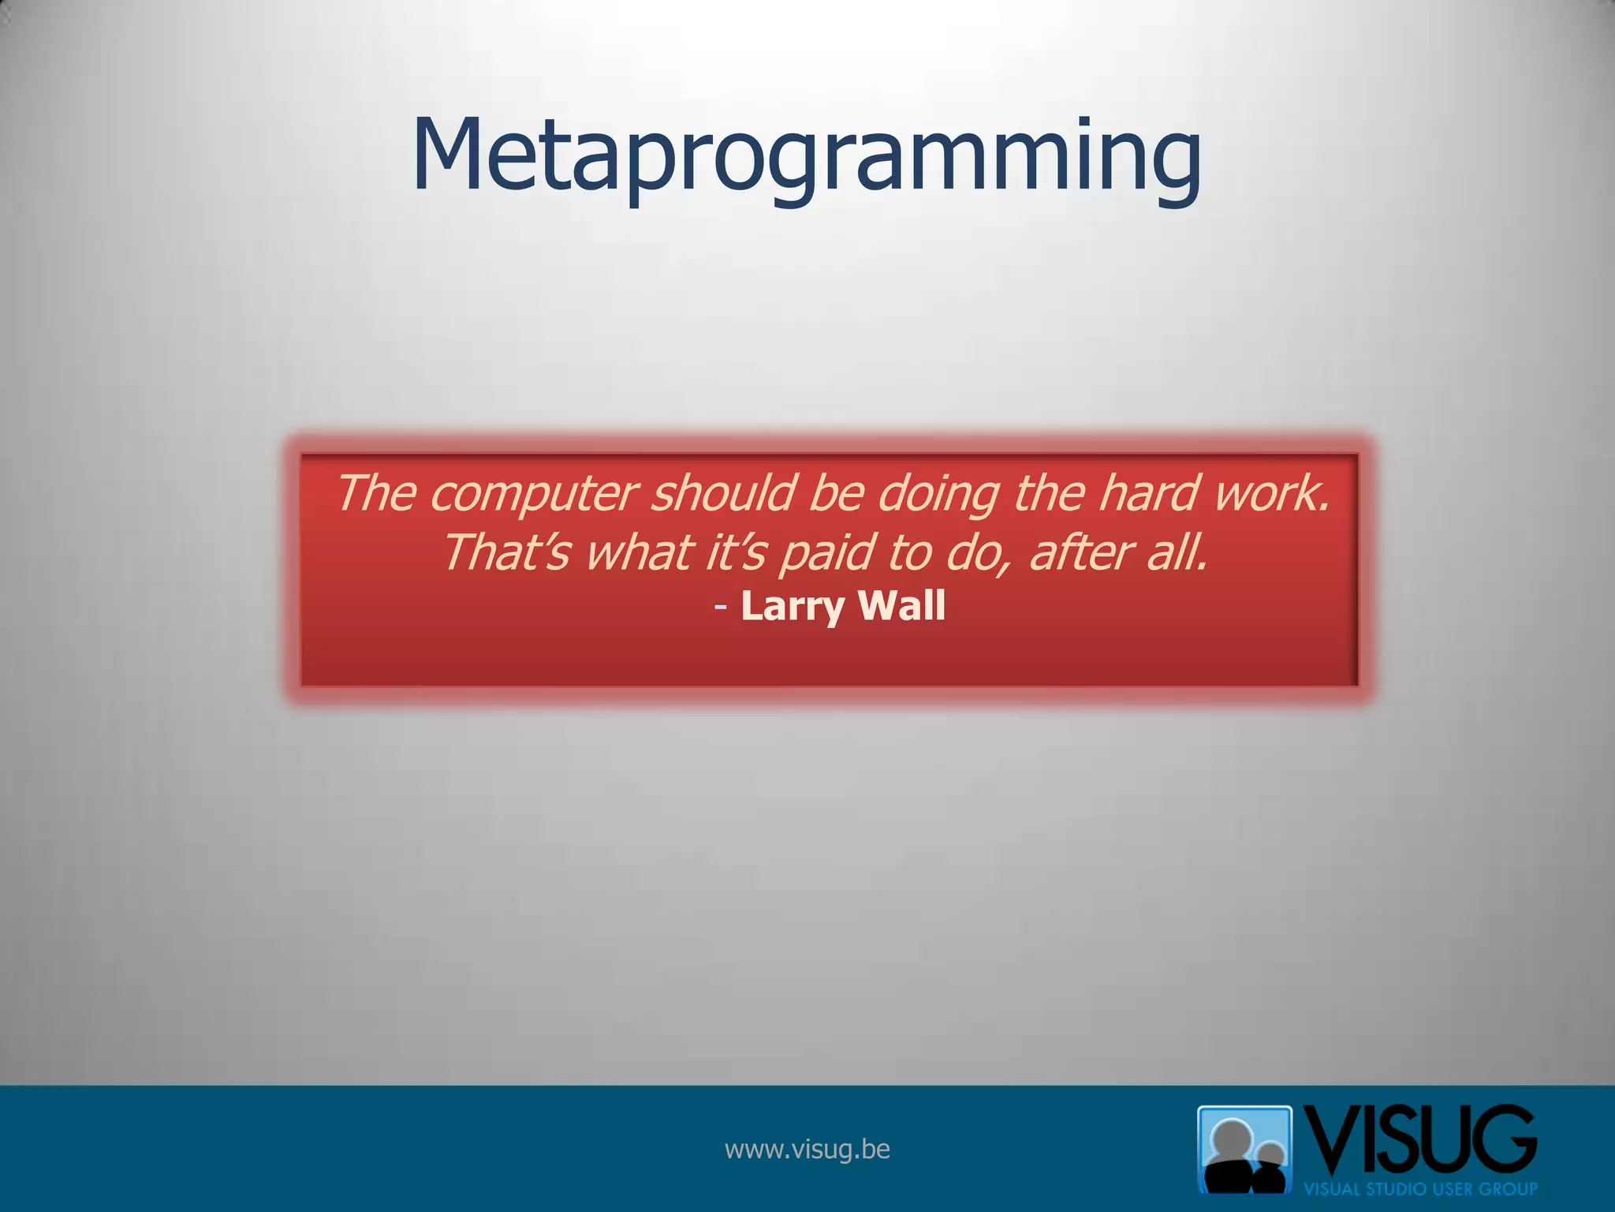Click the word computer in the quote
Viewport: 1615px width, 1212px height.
(533, 494)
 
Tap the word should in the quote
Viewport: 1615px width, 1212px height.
(724, 494)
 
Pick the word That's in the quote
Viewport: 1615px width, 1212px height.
(505, 552)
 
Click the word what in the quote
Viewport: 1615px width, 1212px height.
(639, 552)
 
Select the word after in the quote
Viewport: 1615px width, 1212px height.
(1080, 552)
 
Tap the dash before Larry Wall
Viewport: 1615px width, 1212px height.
(721, 607)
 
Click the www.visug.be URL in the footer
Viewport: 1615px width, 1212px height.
(807, 1149)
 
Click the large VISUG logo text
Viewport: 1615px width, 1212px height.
(1419, 1141)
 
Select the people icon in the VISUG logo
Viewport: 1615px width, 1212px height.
(1244, 1149)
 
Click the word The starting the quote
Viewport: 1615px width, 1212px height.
(377, 494)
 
